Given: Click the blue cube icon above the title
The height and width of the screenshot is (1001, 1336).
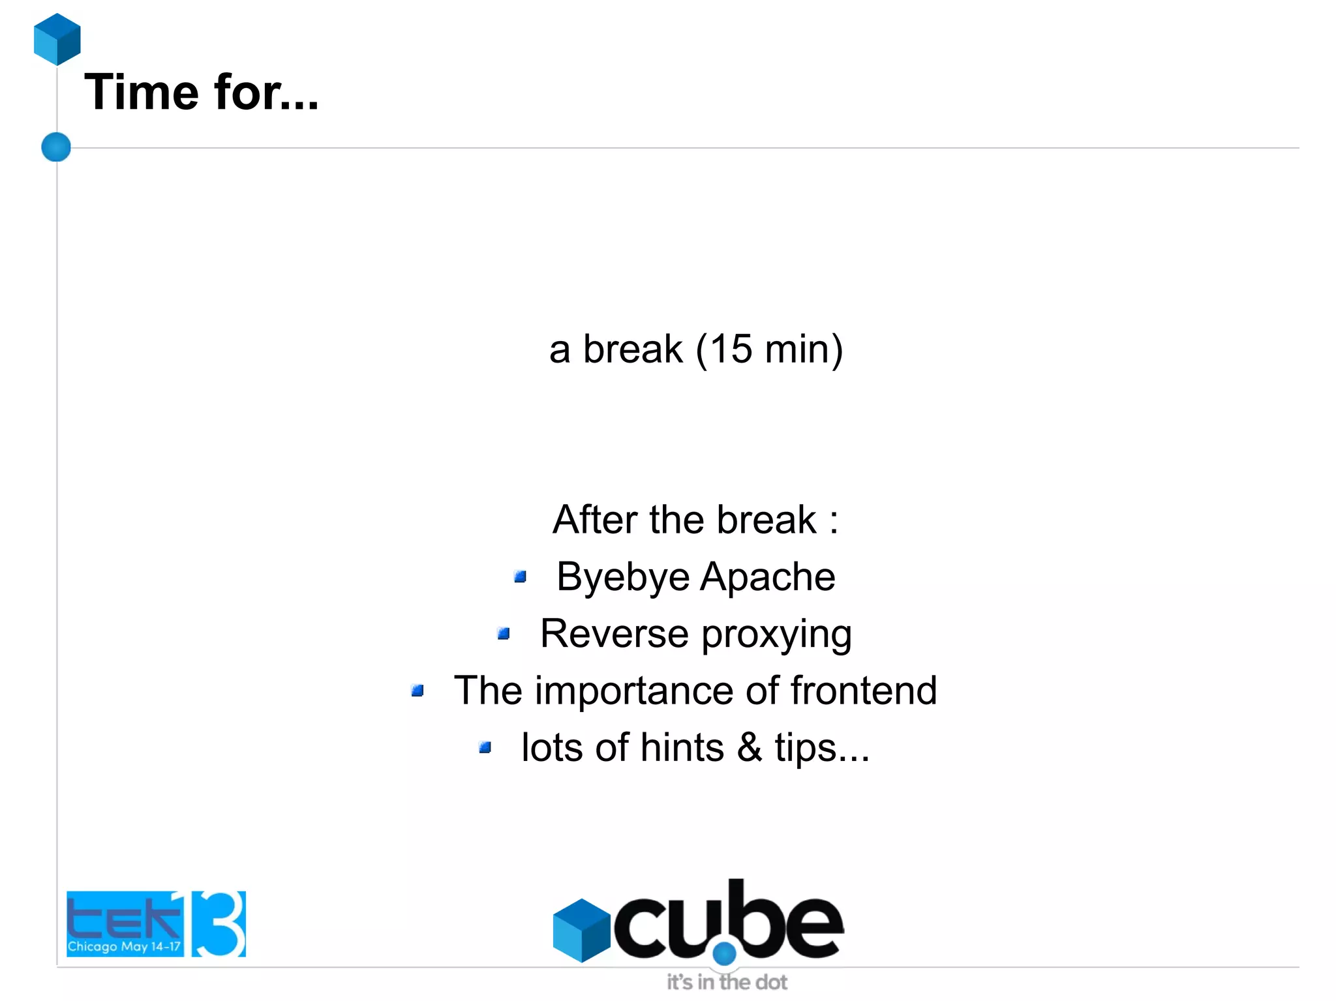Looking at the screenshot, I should coord(57,39).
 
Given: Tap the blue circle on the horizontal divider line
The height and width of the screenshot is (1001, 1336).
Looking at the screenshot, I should coord(56,147).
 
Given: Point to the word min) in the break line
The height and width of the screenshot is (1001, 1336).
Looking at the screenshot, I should coord(804,350).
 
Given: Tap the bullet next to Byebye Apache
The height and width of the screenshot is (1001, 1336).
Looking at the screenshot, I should coord(520,576).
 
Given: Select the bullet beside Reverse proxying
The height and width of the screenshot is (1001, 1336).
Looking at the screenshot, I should coord(503,633).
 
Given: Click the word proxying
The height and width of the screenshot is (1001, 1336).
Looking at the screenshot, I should coord(776,635).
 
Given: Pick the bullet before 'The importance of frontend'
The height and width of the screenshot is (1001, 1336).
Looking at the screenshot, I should coord(417,690).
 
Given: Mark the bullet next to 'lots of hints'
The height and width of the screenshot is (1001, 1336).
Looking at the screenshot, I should coord(485,747).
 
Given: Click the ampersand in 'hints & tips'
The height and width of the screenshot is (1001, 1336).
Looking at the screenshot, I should coord(750,747).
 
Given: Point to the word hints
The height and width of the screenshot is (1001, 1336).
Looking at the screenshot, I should coord(682,747).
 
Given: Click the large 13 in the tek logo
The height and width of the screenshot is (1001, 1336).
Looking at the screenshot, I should coord(219,923).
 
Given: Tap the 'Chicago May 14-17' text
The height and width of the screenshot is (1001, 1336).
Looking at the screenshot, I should coord(124,946).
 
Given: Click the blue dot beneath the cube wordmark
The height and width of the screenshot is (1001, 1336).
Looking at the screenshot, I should coord(724,953).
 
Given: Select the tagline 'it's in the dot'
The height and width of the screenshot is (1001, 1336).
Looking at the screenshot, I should coord(727,982).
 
